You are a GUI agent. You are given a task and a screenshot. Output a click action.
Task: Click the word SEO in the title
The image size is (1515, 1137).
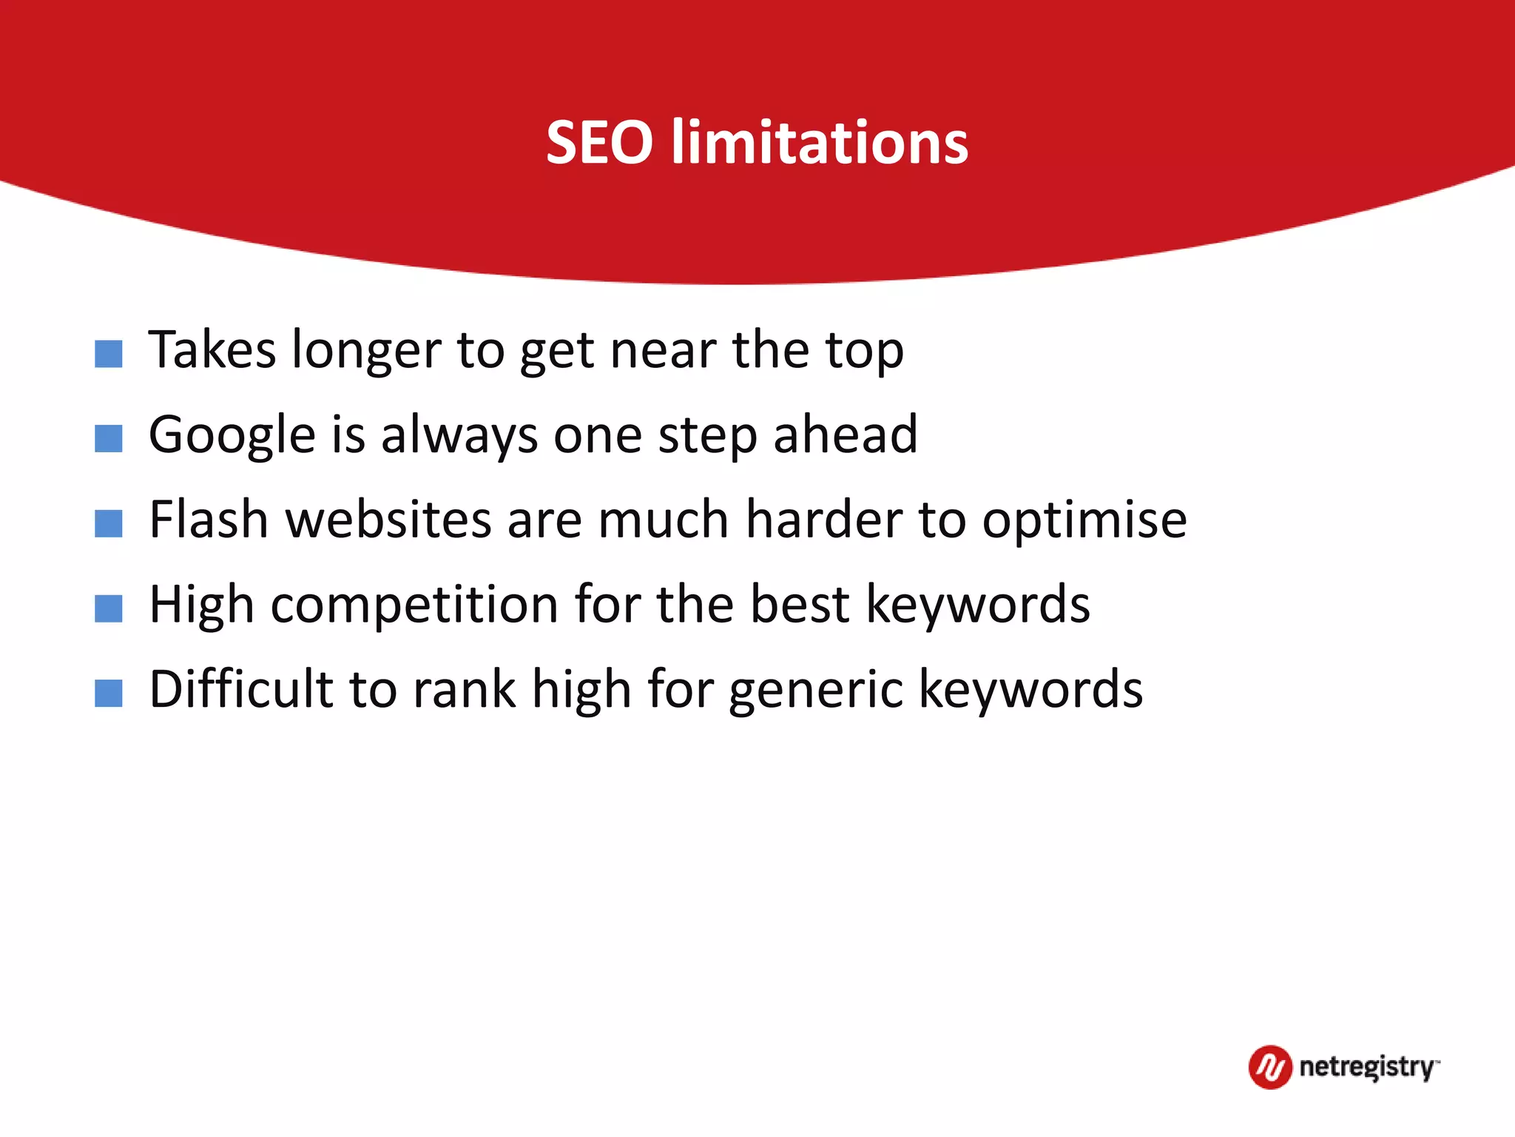click(x=599, y=142)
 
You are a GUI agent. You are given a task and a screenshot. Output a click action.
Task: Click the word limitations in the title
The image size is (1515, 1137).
click(x=820, y=142)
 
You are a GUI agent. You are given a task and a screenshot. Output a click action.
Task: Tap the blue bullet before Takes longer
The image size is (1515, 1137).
click(x=109, y=354)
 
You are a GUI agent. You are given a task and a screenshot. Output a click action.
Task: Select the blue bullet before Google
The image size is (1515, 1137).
click(x=109, y=439)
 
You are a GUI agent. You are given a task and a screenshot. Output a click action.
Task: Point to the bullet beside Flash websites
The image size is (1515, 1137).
click(x=109, y=524)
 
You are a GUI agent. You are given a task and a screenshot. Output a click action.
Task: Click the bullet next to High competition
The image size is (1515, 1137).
click(x=109, y=609)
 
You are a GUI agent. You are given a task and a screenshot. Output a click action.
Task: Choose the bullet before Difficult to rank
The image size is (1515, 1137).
click(x=109, y=694)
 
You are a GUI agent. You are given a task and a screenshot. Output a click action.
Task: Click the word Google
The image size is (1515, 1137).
click(x=232, y=435)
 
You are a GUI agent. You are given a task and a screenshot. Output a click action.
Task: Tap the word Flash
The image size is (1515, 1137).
click(x=208, y=520)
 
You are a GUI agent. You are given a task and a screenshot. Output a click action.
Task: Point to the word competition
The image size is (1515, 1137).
click(x=414, y=606)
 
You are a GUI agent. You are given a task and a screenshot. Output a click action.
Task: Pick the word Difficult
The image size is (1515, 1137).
click(x=241, y=689)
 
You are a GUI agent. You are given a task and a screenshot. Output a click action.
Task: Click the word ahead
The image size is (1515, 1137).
click(x=845, y=435)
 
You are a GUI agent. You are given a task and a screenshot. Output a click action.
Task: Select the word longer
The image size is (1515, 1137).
click(x=366, y=351)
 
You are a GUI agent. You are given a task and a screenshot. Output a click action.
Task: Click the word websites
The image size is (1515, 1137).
click(x=388, y=520)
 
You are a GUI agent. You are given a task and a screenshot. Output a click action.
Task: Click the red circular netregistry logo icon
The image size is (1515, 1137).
click(x=1270, y=1067)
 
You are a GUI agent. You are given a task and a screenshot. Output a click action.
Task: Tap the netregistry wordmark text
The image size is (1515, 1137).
click(x=1367, y=1067)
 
